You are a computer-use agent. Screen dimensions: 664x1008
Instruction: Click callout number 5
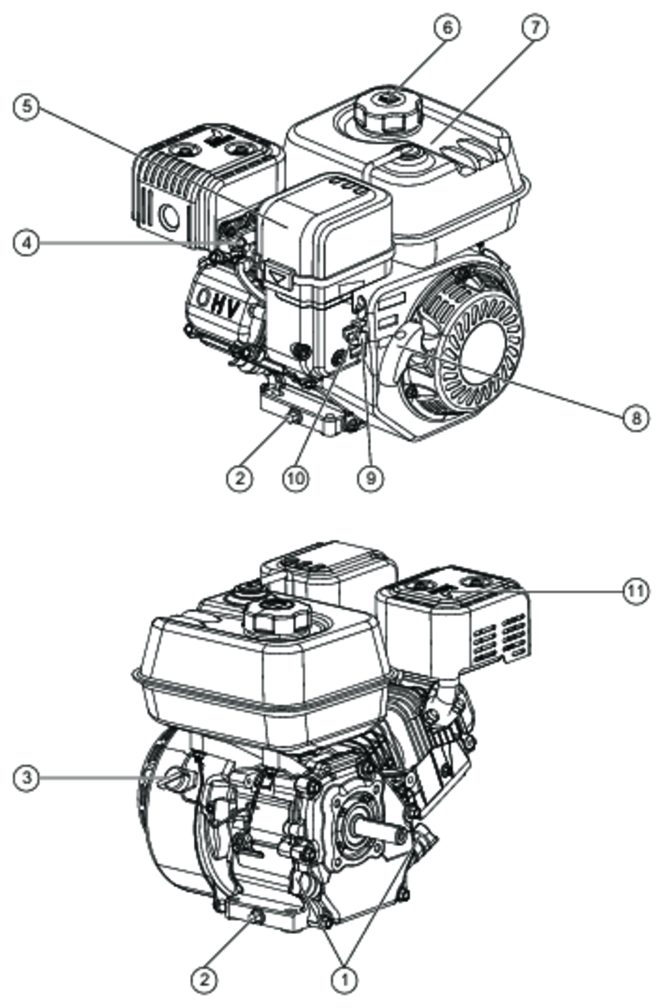(26, 108)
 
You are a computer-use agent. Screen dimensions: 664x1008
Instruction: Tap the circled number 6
(447, 28)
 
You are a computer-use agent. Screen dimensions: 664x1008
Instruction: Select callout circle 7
(535, 28)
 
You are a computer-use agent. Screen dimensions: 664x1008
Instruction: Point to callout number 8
(636, 418)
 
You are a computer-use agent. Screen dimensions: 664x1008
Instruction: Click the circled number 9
(370, 478)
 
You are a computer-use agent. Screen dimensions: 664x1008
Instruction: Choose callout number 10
(296, 478)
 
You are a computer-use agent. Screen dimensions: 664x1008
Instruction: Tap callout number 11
(636, 591)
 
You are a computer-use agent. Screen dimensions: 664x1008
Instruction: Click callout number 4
(26, 243)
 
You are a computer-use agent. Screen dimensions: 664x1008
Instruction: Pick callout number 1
(344, 991)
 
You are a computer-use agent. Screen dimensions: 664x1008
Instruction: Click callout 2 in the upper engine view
(240, 478)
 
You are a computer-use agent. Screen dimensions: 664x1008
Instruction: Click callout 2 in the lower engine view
(204, 991)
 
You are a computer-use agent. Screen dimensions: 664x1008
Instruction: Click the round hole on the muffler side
(170, 217)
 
